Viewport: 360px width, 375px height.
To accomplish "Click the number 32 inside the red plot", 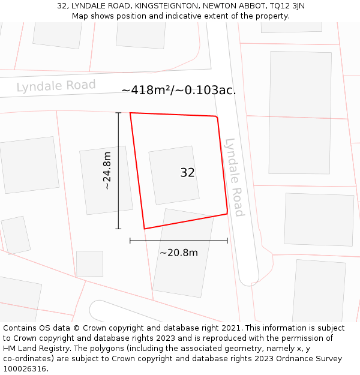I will [x=187, y=173].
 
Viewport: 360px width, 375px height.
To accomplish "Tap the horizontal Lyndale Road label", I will [x=56, y=86].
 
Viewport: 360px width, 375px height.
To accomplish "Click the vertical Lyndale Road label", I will [x=233, y=177].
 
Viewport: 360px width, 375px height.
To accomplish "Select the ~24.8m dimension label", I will [x=107, y=171].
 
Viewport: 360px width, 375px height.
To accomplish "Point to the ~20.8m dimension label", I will [x=178, y=253].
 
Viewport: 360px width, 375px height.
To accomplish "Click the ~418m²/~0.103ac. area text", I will [x=179, y=91].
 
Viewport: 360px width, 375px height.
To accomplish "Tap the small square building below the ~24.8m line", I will [x=89, y=263].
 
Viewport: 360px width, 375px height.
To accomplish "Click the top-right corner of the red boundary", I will [x=216, y=116].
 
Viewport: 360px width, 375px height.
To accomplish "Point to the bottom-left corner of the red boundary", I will [x=144, y=229].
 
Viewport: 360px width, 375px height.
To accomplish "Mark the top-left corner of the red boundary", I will [x=130, y=113].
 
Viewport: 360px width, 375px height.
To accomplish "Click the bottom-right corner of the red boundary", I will [x=227, y=213].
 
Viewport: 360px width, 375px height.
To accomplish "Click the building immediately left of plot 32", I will [x=106, y=180].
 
